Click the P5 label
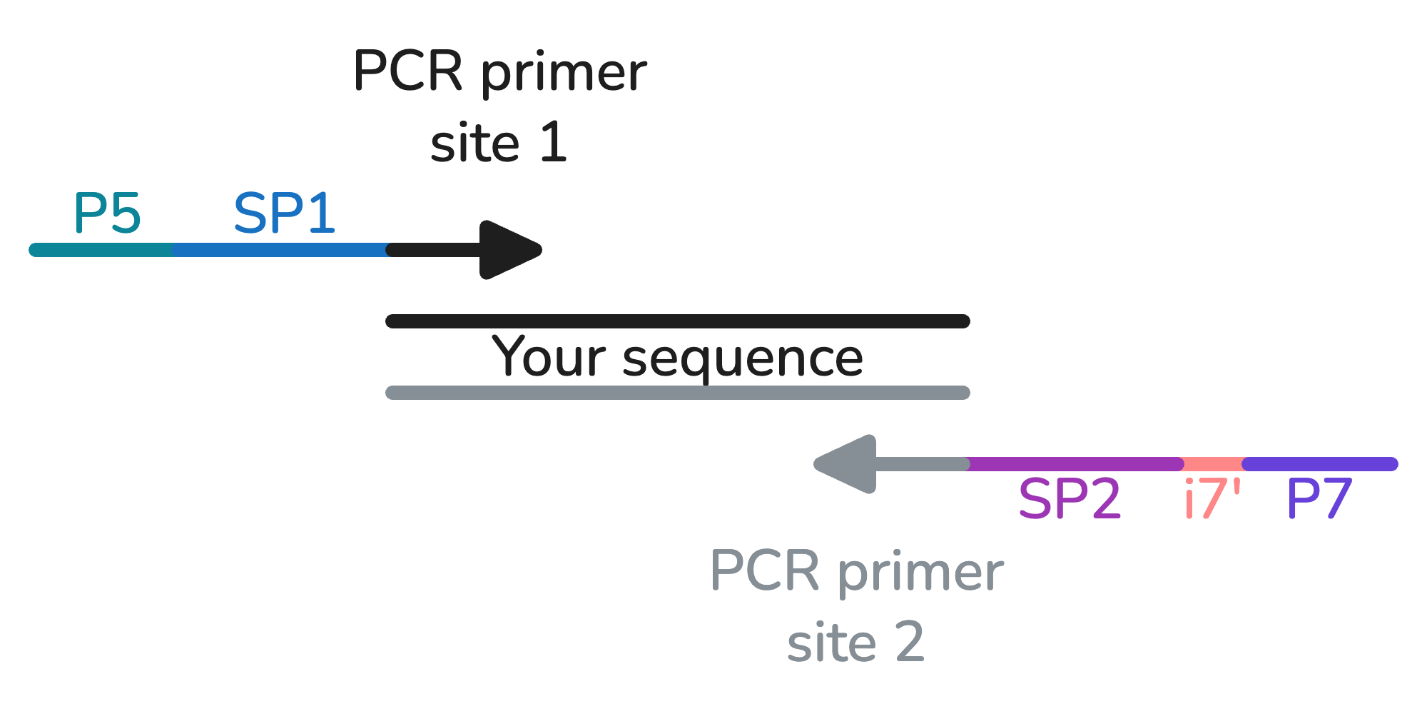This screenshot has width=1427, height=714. point(107,213)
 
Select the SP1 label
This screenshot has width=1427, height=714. point(284,213)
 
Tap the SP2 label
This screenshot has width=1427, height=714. point(1069,498)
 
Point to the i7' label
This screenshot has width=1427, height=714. point(1212,498)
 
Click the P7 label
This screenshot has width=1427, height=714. point(1319,498)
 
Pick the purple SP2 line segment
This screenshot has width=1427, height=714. point(1074,464)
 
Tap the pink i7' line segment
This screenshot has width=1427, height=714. point(1213,464)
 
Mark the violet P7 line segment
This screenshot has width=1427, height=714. point(1320,464)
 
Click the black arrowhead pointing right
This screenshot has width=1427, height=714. point(508,250)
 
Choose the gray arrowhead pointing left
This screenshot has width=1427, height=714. point(848,464)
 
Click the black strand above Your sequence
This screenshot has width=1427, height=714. point(678,321)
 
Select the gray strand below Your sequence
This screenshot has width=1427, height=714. point(678,393)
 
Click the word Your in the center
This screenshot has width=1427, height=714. point(549,356)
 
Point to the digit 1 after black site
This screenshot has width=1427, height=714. point(553,142)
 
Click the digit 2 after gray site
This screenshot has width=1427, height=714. point(909,642)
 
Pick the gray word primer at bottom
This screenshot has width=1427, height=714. point(920,573)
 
